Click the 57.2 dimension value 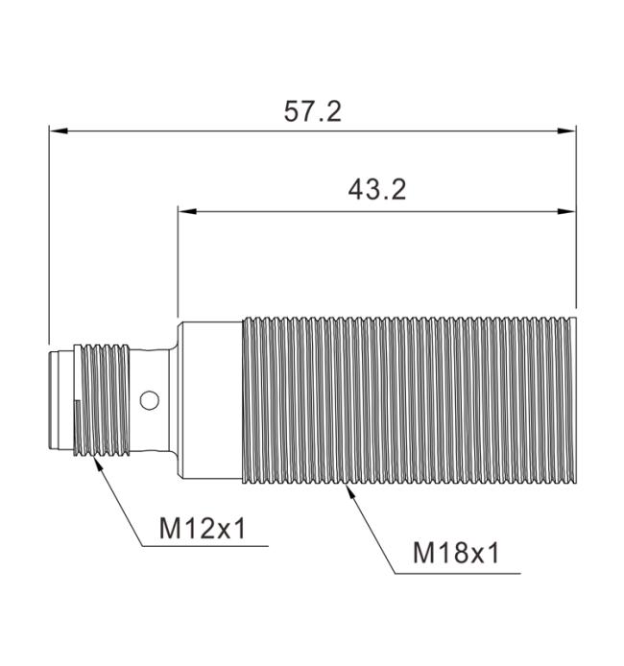point(312,112)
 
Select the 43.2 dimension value point(377,189)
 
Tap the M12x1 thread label point(203,529)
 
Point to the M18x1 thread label point(456,554)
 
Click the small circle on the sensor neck point(150,400)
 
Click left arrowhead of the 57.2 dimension point(59,131)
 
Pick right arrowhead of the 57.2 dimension point(566,131)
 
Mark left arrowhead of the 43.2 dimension point(187,211)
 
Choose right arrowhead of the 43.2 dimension point(566,211)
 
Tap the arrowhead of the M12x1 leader point(99,464)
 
